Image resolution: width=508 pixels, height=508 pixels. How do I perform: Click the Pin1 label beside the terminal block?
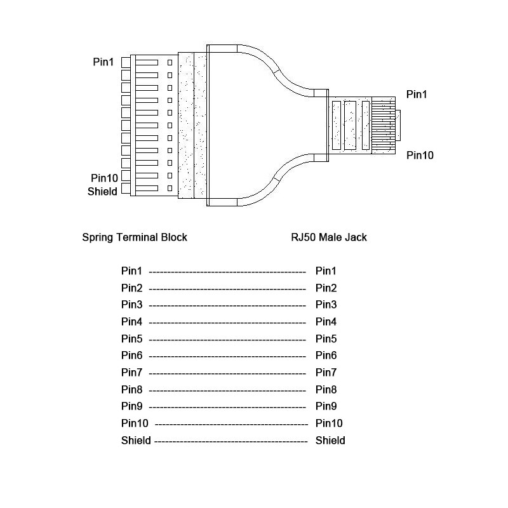coord(103,62)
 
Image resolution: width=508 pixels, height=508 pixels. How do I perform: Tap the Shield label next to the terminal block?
coord(102,191)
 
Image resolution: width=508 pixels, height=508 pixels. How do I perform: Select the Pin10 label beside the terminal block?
coord(104,178)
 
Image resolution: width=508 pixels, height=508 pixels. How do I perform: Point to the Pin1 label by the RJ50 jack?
coord(417,95)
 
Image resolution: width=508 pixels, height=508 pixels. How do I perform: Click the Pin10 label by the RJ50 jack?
coord(420,155)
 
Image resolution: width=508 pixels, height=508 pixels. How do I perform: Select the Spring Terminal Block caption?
coord(135,237)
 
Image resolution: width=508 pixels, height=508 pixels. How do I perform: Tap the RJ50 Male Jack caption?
coord(329,237)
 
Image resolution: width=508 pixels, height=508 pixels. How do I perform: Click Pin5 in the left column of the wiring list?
coord(132,339)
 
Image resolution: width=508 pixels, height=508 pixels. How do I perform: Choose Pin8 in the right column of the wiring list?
coord(326,390)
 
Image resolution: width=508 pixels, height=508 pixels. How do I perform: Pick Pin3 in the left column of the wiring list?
coord(132,305)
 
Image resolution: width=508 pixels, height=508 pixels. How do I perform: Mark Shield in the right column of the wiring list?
coord(330,441)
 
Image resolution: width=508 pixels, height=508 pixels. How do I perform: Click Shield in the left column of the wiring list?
coord(136,441)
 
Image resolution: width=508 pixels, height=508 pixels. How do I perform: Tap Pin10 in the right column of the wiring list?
coord(329,424)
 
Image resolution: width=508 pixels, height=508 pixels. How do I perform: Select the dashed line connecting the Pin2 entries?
coord(227,289)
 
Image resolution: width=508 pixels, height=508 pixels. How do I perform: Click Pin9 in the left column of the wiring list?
coord(132,406)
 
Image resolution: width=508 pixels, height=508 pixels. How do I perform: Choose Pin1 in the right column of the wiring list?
coord(326,271)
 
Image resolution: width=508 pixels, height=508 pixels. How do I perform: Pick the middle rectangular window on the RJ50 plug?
coord(351,125)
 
